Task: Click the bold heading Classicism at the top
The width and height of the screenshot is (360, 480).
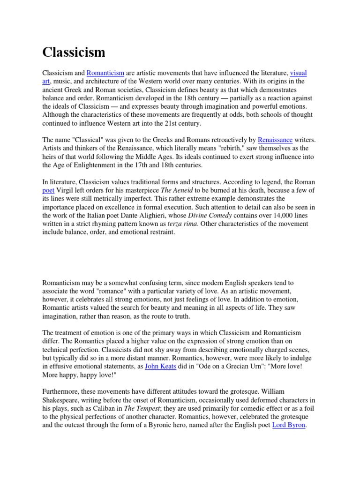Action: coord(74,52)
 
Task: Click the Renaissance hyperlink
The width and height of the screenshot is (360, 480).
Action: coord(275,140)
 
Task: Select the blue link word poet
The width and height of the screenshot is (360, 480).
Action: coord(48,190)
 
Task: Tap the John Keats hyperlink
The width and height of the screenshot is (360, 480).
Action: coord(161,366)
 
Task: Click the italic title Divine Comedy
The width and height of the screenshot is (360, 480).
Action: coord(210,215)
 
